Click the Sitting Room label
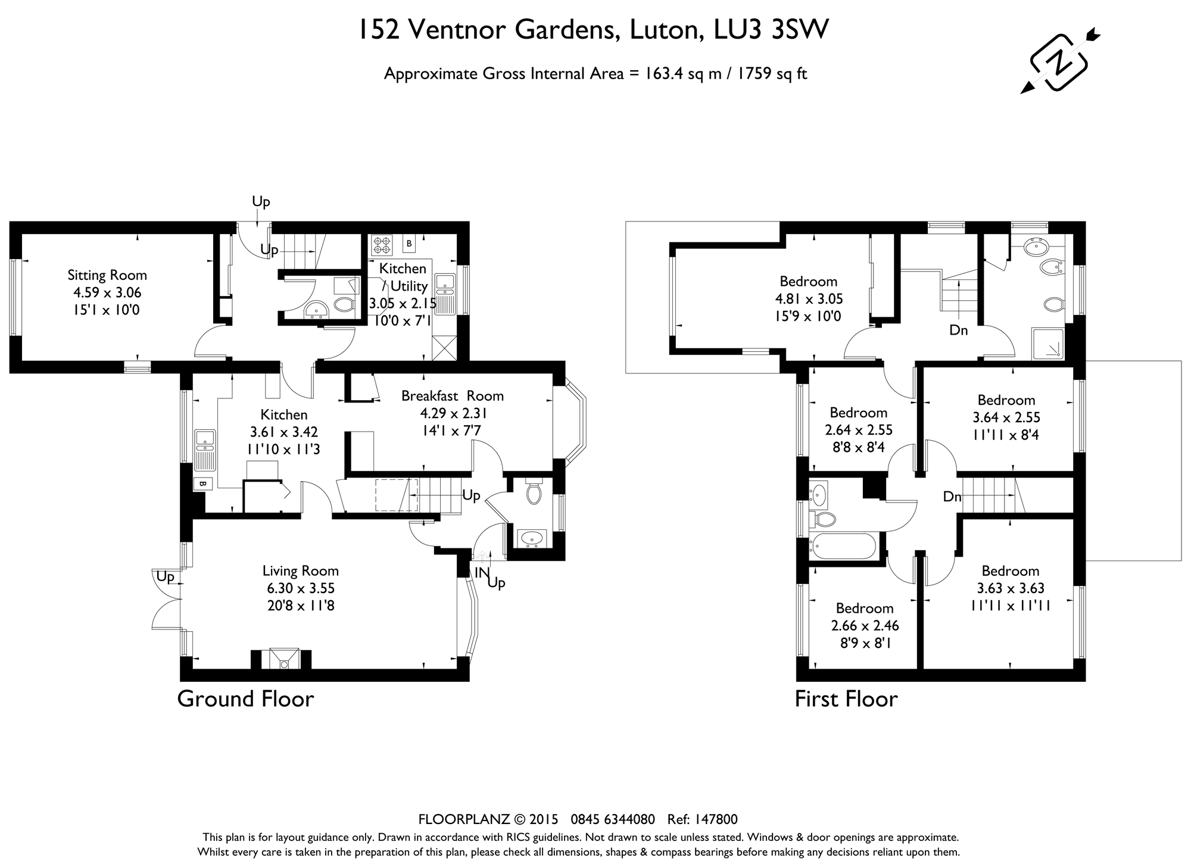click(107, 275)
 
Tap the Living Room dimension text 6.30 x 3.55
click(301, 588)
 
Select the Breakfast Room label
click(453, 396)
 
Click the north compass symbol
click(1059, 61)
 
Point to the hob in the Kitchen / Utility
click(381, 245)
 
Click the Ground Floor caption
click(245, 699)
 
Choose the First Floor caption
click(846, 699)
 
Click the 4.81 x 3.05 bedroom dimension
click(809, 299)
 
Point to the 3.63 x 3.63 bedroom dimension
click(1011, 588)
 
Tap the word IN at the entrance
click(482, 573)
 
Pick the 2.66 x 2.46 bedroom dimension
click(865, 626)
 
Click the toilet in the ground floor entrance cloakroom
click(534, 492)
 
